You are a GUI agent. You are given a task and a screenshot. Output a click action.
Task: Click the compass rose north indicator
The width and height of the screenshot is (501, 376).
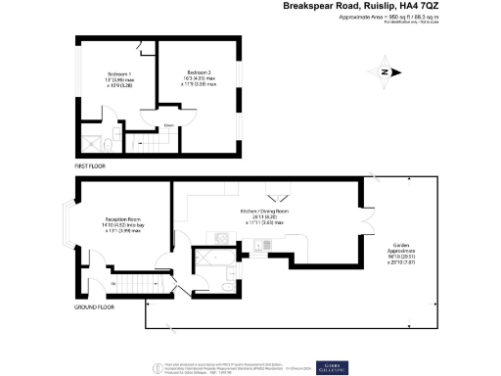click(385, 71)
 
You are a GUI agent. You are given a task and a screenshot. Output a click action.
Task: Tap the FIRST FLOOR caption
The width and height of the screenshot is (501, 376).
click(90, 166)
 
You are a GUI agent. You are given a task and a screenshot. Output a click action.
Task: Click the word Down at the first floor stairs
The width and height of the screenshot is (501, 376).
click(169, 126)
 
